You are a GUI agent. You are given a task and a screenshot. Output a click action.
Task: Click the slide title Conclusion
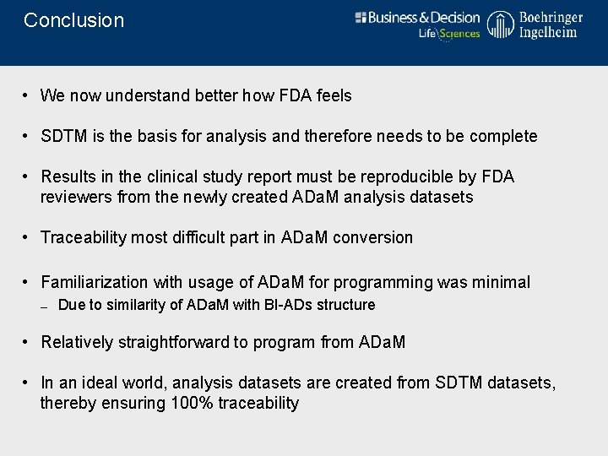73,20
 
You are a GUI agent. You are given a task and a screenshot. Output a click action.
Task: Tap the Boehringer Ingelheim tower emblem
500,25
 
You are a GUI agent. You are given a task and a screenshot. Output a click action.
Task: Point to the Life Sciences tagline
449,34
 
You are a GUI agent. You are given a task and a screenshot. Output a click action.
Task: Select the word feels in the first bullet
333,95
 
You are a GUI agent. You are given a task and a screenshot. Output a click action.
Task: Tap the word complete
503,136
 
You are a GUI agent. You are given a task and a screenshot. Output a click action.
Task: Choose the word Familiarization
93,282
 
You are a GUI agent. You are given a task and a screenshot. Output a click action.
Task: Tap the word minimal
500,282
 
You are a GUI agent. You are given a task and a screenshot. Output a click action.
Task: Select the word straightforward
176,342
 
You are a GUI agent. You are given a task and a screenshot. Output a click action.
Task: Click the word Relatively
77,342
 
